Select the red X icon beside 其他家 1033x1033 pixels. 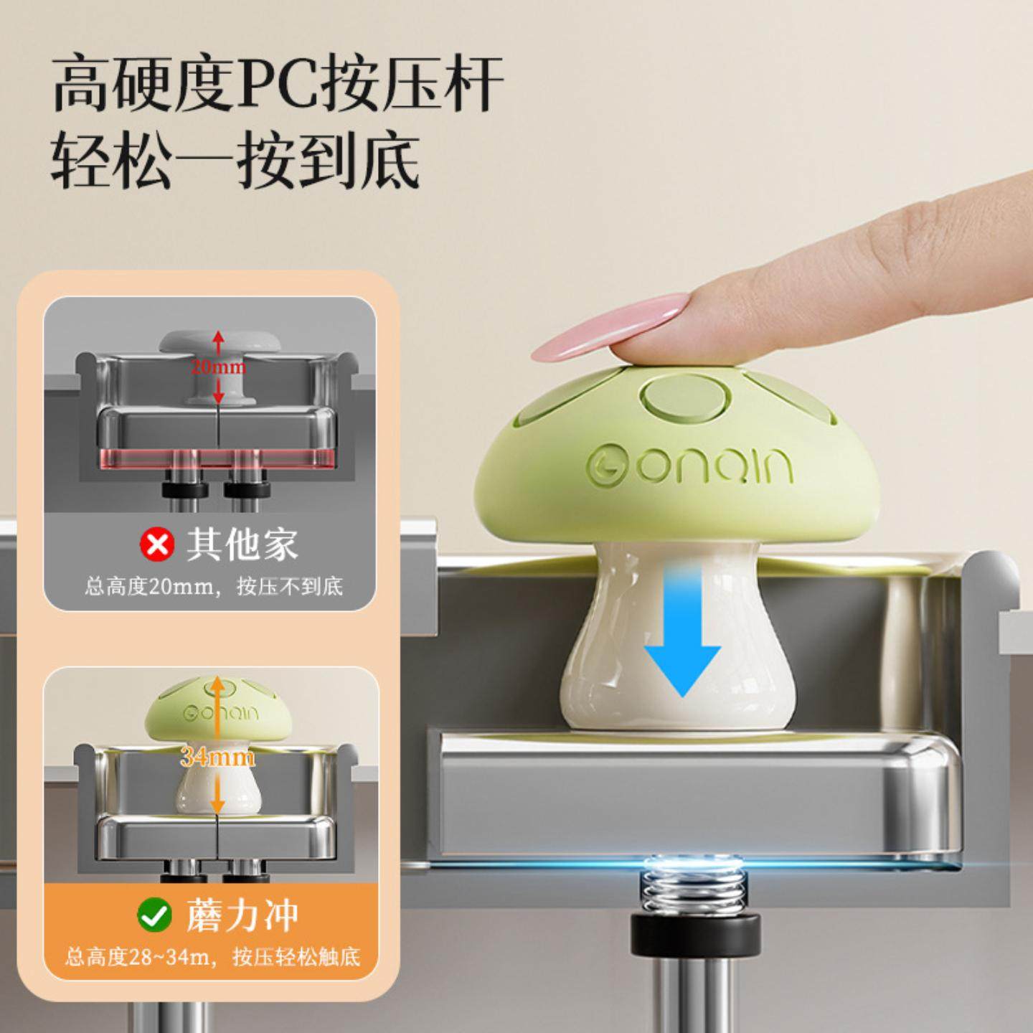(156, 545)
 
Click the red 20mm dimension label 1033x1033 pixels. (218, 367)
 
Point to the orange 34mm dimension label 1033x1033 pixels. (217, 756)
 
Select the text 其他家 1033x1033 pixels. (242, 545)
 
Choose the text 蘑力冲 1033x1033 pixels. (242, 915)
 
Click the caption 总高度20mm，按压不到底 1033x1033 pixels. (214, 587)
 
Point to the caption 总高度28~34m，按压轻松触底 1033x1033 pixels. (213, 956)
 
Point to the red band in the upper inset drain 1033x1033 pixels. (215, 460)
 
